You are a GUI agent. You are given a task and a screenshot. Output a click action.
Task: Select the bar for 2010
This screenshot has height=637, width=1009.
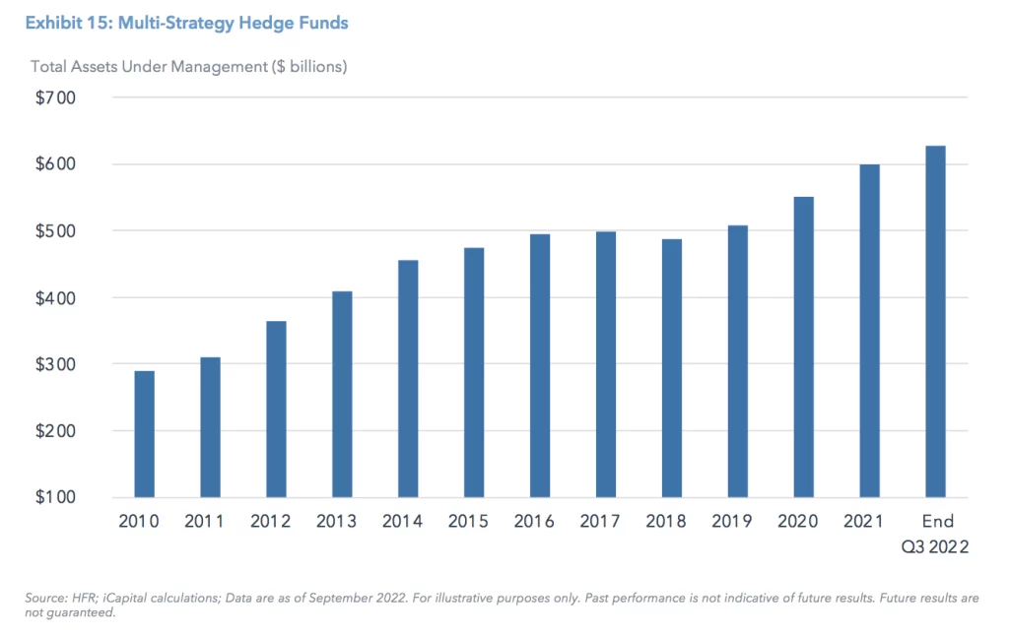click(144, 433)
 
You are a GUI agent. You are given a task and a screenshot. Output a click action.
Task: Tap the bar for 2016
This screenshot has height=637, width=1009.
click(540, 365)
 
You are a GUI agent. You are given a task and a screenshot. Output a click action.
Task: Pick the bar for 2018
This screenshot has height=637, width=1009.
click(672, 368)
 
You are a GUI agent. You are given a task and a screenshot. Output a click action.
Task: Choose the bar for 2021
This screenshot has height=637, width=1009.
click(869, 331)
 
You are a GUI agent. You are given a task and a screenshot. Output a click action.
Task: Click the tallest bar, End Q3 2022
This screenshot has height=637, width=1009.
click(935, 321)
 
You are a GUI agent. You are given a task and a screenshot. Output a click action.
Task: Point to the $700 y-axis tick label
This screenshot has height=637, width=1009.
click(57, 97)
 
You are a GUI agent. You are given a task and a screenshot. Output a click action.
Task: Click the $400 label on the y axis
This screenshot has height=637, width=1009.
click(57, 297)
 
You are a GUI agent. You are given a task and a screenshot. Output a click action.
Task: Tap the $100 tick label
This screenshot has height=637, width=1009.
click(57, 497)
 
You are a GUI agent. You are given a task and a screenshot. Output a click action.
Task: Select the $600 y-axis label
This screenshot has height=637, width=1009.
click(57, 164)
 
